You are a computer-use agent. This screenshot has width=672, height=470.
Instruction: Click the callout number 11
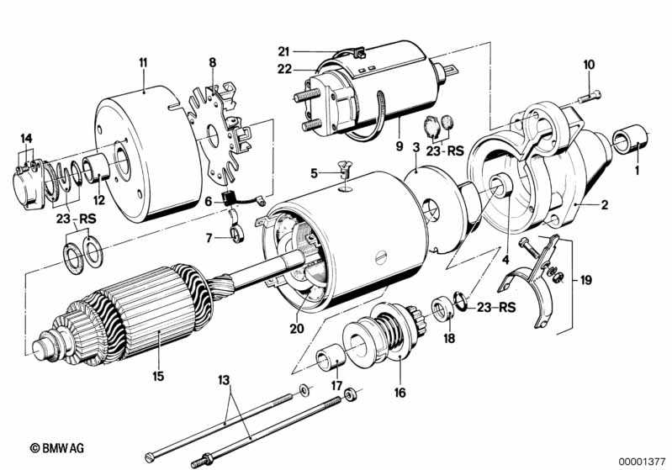[143, 63]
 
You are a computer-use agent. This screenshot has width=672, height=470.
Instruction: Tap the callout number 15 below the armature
[158, 376]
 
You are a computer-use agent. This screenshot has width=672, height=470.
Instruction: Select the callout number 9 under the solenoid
[399, 146]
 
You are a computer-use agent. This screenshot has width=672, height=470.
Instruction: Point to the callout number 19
[586, 280]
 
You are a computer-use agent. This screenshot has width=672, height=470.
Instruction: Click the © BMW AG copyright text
[57, 448]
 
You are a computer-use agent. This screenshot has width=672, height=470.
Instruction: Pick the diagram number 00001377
[642, 462]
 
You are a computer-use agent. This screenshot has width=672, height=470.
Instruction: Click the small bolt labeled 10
[590, 97]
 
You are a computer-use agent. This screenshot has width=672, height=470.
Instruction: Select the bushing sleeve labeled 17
[331, 359]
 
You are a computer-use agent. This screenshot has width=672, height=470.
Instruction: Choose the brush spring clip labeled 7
[236, 235]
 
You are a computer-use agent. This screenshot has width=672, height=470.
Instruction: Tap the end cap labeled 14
[28, 184]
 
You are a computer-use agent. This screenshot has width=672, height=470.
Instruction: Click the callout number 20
[297, 329]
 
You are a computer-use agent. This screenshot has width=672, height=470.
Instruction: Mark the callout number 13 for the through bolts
[224, 380]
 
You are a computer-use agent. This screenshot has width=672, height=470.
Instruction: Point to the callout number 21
[283, 52]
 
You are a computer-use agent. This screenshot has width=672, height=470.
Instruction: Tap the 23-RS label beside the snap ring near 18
[496, 308]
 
